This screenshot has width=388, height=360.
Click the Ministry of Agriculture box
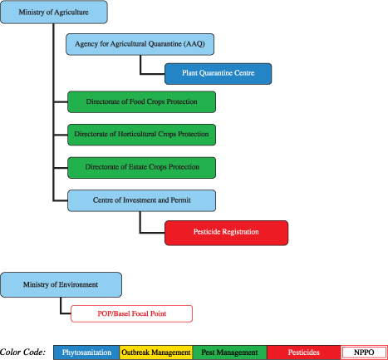(54, 12)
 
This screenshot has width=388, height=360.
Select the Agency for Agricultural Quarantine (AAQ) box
(141, 44)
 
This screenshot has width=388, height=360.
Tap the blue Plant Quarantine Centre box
(219, 74)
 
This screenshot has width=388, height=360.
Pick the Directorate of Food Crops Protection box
(141, 102)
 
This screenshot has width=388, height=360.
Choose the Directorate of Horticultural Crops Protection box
(141, 134)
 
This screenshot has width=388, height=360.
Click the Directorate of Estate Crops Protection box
(141, 166)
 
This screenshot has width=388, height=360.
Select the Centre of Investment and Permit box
(141, 200)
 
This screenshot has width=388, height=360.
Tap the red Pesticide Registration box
(226, 232)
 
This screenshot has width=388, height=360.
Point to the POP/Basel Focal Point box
(131, 313)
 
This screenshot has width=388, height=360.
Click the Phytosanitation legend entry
(86, 353)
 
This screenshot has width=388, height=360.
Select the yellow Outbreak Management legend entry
(156, 353)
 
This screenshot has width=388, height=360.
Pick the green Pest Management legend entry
(229, 353)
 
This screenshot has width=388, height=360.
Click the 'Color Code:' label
(24, 353)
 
